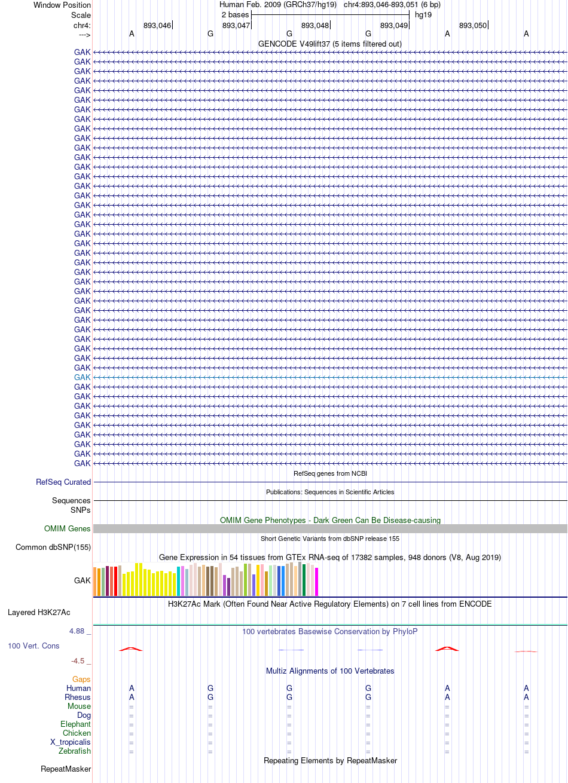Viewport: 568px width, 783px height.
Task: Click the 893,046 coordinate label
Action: (157, 26)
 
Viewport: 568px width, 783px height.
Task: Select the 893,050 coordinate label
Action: (473, 26)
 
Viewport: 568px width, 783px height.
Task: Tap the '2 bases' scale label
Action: (235, 15)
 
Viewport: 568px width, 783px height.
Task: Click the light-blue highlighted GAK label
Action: (82, 377)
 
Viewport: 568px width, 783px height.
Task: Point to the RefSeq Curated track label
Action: (63, 482)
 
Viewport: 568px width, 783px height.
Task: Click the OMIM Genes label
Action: (67, 528)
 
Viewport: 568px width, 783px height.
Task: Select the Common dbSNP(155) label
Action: (53, 547)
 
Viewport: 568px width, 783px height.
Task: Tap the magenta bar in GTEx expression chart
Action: (316, 582)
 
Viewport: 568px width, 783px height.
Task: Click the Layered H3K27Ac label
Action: (39, 613)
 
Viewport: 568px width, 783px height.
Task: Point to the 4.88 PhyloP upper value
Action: (77, 631)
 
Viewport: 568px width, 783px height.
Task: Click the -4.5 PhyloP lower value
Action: (78, 660)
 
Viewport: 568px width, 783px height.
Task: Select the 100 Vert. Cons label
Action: (33, 646)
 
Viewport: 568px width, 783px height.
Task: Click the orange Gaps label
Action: (81, 679)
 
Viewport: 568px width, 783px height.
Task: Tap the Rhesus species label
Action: (78, 697)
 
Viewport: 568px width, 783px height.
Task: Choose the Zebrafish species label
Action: (75, 751)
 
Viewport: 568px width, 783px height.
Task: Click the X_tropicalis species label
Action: (71, 742)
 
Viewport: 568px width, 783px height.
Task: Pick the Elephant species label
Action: (75, 724)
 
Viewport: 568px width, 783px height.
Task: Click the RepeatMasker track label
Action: (66, 769)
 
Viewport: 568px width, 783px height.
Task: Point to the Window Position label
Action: (62, 5)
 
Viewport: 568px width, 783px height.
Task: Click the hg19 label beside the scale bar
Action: (423, 15)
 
